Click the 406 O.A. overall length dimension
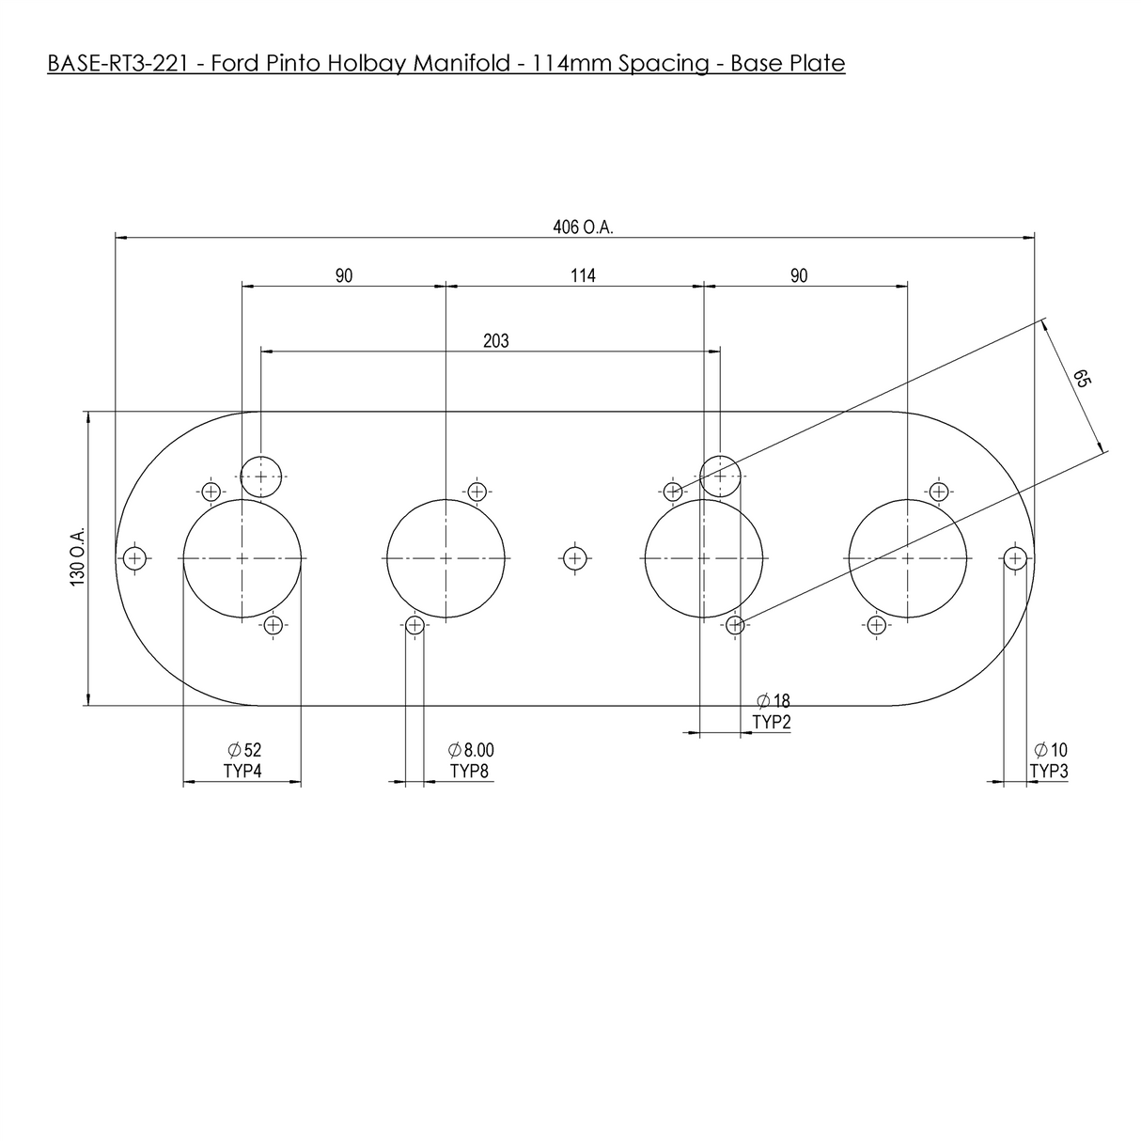583,227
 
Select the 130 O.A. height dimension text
78,557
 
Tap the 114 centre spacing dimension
583,275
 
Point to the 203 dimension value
495,341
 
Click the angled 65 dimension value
1082,379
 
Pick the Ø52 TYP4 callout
242,759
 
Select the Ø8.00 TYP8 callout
471,759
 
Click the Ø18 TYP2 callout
773,711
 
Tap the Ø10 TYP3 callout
1050,759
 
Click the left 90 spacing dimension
344,275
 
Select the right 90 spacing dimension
799,275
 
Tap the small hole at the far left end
136,558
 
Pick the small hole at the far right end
1014,558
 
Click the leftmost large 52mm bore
242,558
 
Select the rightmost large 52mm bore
907,558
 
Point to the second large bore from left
445,558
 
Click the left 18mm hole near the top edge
261,476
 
